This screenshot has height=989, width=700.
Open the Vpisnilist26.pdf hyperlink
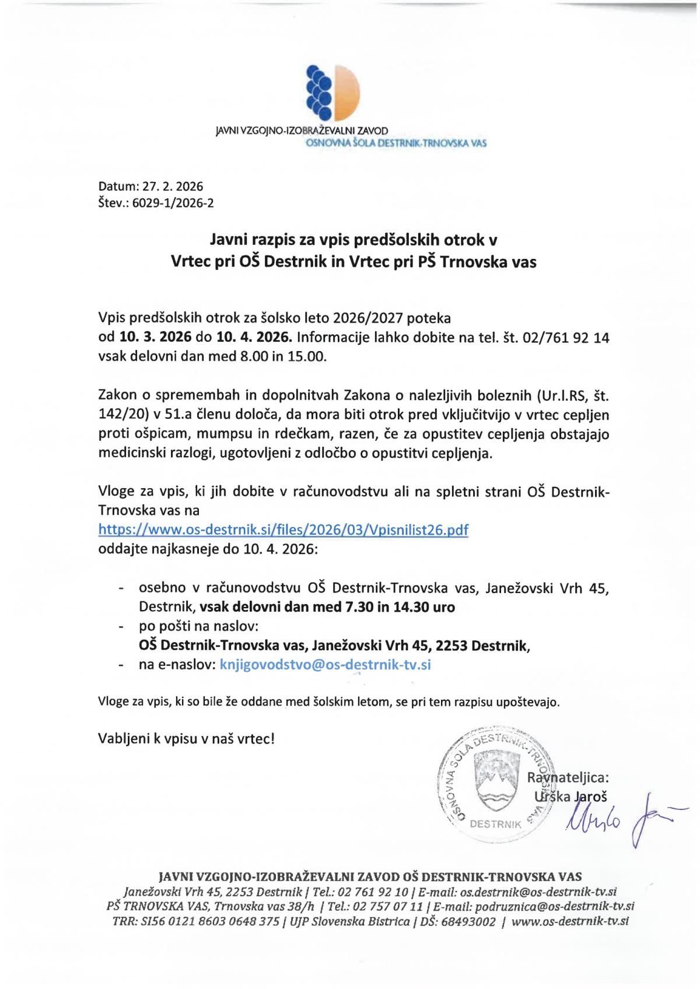point(283,529)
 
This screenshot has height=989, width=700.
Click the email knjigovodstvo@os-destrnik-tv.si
point(325,665)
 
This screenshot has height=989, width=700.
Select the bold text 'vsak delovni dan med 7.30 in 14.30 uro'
point(327,607)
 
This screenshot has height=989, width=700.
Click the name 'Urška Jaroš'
point(562,796)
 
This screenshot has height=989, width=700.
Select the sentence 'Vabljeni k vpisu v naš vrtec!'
point(186,739)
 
